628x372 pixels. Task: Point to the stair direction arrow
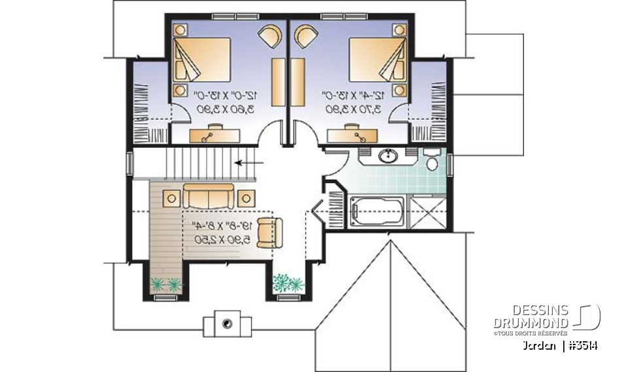pyautogui.click(x=249, y=163)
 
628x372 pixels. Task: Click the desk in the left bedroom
pyautogui.click(x=215, y=135)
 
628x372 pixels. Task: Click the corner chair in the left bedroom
pyautogui.click(x=269, y=35)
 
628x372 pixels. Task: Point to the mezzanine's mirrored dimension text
pyautogui.click(x=217, y=233)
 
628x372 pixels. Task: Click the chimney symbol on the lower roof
pyautogui.click(x=227, y=323)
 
